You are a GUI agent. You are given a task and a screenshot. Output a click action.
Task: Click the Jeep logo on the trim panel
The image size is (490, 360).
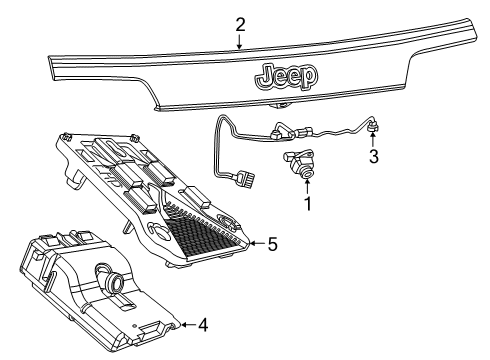pyautogui.click(x=288, y=76)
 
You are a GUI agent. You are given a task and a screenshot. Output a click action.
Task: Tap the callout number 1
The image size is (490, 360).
pyautogui.click(x=308, y=204)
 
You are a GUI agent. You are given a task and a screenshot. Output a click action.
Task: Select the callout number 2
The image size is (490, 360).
pyautogui.click(x=240, y=23)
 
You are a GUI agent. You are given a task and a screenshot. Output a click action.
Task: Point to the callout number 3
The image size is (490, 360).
pyautogui.click(x=373, y=156)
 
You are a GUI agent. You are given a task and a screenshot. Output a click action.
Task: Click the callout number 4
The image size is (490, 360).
pyautogui.click(x=204, y=324)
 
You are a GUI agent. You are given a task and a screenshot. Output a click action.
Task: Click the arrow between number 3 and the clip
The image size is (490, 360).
pyautogui.click(x=372, y=140)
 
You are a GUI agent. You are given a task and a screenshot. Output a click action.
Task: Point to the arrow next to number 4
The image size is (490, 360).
pyautogui.click(x=186, y=324)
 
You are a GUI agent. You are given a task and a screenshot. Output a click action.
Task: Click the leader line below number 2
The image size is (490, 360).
pyautogui.click(x=240, y=40)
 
